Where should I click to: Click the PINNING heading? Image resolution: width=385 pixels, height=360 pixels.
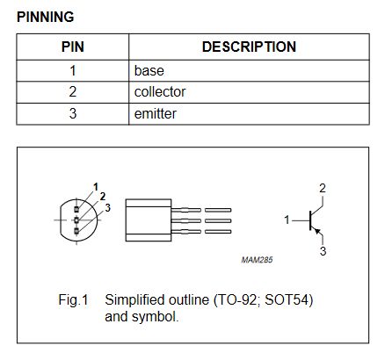46,17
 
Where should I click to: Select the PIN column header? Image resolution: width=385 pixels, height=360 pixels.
73,47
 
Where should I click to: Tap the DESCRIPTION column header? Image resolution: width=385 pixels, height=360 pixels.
249,47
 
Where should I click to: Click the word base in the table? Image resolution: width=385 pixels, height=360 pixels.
149,71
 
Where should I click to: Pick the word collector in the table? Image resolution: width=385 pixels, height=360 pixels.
160,92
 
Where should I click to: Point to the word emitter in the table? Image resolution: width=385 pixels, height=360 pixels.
156,113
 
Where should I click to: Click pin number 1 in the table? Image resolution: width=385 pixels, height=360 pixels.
73,71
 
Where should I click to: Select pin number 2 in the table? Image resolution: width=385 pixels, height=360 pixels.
73,92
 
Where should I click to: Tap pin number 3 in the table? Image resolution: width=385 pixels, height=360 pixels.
73,113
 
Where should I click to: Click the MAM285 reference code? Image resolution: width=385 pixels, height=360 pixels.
257,260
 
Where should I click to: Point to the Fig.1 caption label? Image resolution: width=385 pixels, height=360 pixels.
73,299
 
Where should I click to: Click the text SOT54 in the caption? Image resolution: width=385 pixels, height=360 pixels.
287,299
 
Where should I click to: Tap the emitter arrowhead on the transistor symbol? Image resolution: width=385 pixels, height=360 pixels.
317,231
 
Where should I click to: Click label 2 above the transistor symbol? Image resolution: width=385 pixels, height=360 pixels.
323,188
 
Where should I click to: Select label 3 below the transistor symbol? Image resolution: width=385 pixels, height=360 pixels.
323,251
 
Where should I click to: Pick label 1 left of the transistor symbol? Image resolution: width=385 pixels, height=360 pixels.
287,220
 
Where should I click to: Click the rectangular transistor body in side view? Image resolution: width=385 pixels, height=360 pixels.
149,220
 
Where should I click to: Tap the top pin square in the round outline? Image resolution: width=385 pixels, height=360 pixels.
76,209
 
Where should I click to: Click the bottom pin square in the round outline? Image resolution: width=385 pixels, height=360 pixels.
76,231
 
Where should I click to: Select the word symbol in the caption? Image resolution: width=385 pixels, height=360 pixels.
155,317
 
